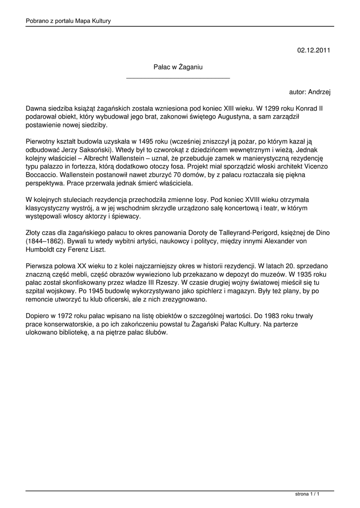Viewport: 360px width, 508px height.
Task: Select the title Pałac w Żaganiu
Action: pyautogui.click(x=178, y=66)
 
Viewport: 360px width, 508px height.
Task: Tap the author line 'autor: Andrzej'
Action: pyautogui.click(x=310, y=92)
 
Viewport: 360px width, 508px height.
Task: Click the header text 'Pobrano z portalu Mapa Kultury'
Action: pyautogui.click(x=68, y=21)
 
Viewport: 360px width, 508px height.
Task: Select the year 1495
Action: pyautogui.click(x=134, y=141)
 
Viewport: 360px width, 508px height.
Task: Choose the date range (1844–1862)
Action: pyautogui.click(x=45, y=241)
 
